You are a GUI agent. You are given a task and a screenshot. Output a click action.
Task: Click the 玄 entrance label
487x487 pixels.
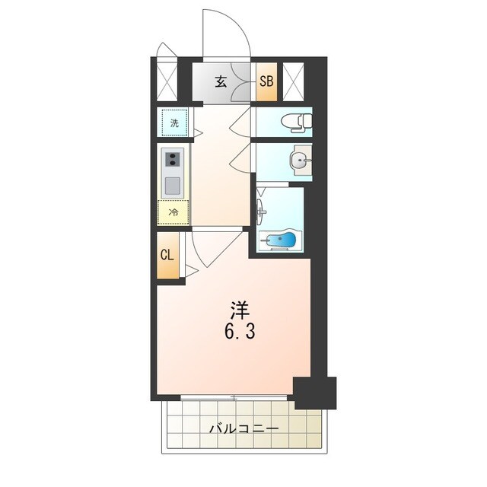pyautogui.click(x=221, y=81)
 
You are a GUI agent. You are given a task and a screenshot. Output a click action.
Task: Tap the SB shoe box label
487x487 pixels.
pyautogui.click(x=266, y=81)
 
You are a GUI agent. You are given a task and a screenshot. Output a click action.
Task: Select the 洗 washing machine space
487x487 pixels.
pyautogui.click(x=174, y=123)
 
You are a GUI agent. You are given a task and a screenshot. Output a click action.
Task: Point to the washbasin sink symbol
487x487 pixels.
pyautogui.click(x=301, y=161)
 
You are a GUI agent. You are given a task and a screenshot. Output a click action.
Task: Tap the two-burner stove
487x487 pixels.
pyautogui.click(x=173, y=159)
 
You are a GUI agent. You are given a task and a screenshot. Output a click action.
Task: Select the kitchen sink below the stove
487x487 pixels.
pyautogui.click(x=173, y=186)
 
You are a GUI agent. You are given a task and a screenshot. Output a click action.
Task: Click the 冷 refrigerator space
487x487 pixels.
pyautogui.click(x=173, y=212)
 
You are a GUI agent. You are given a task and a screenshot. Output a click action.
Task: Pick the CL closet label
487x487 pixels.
pyautogui.click(x=167, y=255)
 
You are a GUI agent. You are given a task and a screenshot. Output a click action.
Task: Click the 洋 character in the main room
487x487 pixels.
pyautogui.click(x=240, y=310)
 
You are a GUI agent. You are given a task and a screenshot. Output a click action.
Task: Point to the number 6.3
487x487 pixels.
pyautogui.click(x=240, y=332)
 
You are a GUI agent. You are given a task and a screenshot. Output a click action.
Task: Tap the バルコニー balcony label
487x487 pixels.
pyautogui.click(x=243, y=429)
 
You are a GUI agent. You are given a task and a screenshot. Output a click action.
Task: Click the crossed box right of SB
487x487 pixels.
pyautogui.click(x=293, y=81)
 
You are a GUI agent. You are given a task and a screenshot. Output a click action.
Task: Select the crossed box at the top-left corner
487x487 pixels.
pyautogui.click(x=167, y=81)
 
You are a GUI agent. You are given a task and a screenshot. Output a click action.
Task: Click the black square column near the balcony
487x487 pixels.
pyautogui.click(x=315, y=393)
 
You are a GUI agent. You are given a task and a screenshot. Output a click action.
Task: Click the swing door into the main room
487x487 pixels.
pyautogui.click(x=217, y=247)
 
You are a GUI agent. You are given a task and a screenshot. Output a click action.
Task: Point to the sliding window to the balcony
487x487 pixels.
pyautogui.click(x=234, y=397)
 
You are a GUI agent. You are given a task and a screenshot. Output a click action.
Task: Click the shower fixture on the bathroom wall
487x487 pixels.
pyautogui.click(x=261, y=212)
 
